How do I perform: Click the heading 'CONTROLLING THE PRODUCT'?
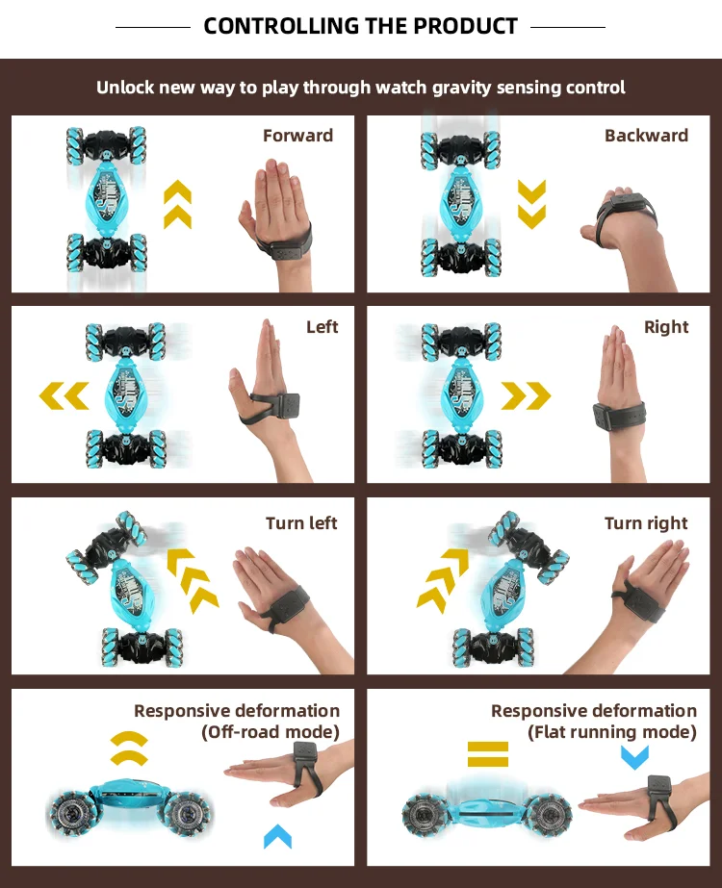(x=361, y=26)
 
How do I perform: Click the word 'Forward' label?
(x=297, y=136)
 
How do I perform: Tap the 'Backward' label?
(x=646, y=136)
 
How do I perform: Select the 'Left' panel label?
(x=322, y=327)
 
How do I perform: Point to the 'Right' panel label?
(x=666, y=327)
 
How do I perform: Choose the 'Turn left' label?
(x=301, y=523)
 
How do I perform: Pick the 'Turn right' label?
(x=646, y=523)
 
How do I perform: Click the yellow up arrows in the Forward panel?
(x=177, y=205)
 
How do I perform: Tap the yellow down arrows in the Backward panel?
(x=531, y=204)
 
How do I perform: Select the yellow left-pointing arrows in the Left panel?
(x=64, y=394)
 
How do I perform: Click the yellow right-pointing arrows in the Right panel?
(x=526, y=394)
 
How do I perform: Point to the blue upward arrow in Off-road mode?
(x=277, y=836)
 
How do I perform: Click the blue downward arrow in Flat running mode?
(x=633, y=756)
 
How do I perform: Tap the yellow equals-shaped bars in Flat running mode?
(x=487, y=752)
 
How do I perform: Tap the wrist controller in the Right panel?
(x=617, y=420)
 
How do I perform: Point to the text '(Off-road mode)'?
(x=271, y=732)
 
